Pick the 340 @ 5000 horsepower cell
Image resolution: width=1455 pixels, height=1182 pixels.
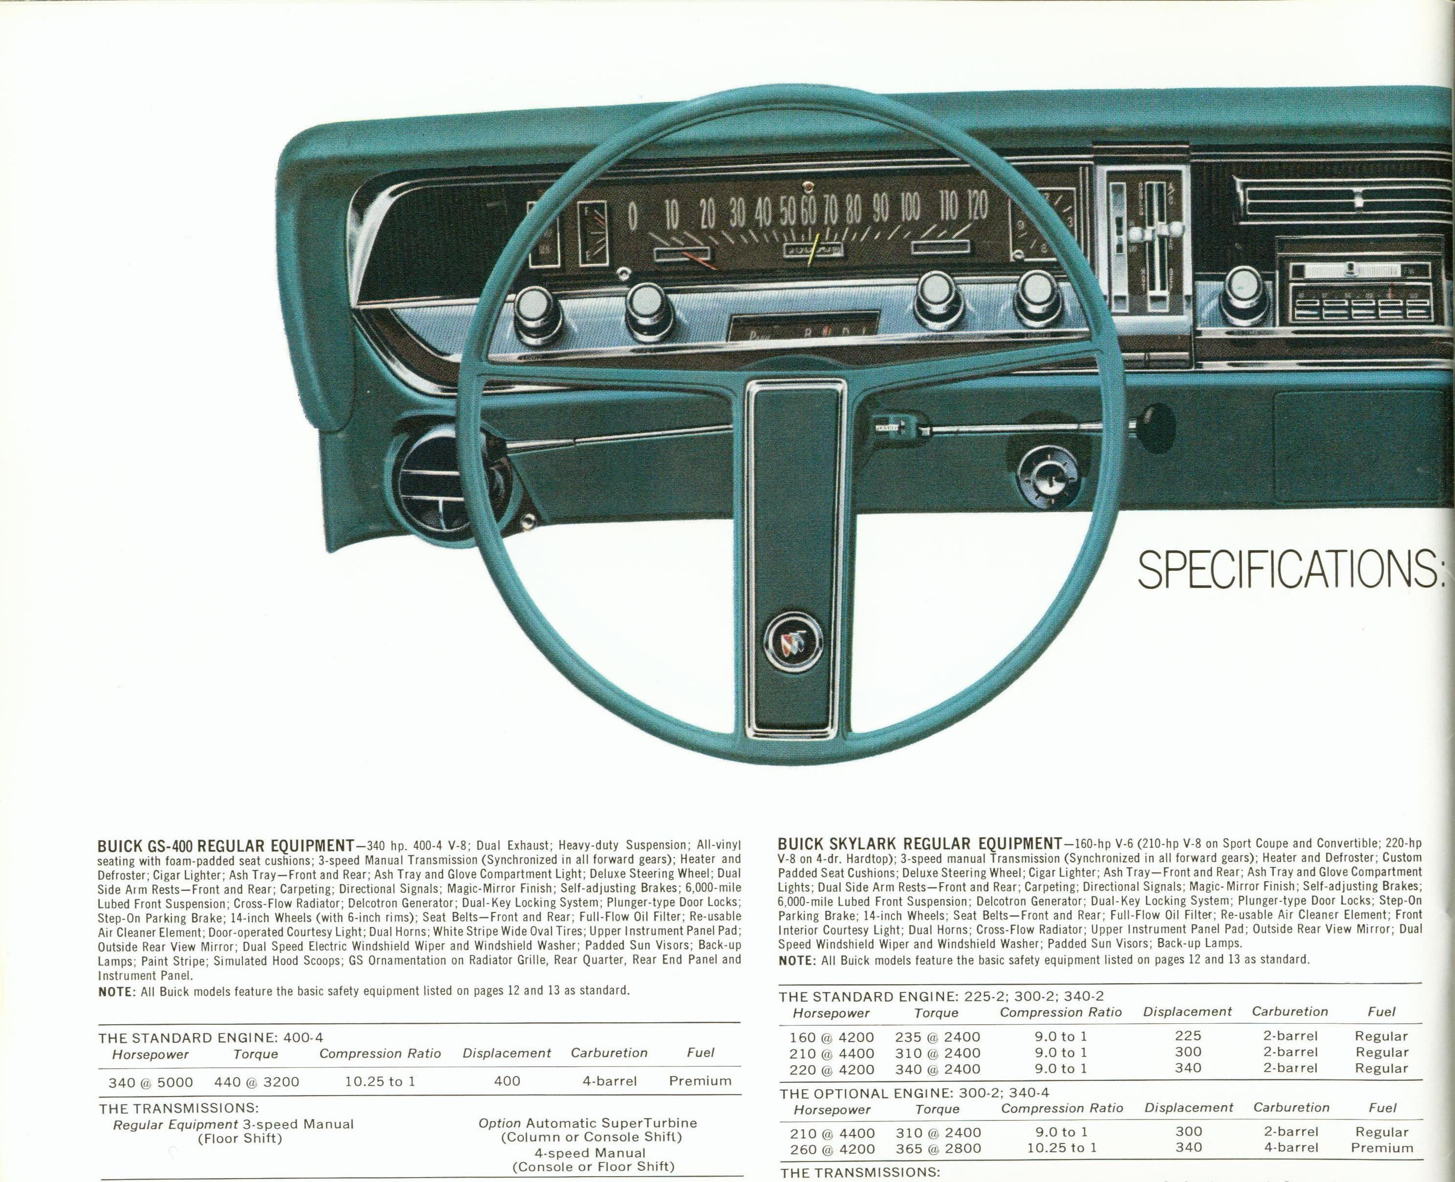click(150, 1082)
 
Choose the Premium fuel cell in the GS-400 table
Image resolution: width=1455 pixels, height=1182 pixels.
click(700, 1080)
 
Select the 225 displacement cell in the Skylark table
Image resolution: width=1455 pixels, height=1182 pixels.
click(1188, 1035)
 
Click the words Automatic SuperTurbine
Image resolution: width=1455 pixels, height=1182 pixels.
click(612, 1123)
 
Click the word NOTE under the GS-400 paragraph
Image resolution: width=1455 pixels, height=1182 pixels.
click(117, 991)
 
